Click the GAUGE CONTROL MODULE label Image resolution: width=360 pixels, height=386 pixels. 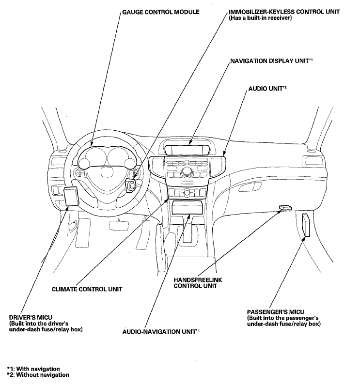pyautogui.click(x=161, y=12)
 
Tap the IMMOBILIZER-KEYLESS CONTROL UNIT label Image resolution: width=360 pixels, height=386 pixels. pyautogui.click(x=284, y=12)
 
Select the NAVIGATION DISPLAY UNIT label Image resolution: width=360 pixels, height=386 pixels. pyautogui.click(x=271, y=61)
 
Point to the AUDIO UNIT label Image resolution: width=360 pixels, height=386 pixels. pyautogui.click(x=267, y=88)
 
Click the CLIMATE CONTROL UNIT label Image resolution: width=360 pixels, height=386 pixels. pyautogui.click(x=87, y=289)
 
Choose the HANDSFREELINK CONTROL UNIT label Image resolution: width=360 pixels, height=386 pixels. pyautogui.click(x=198, y=283)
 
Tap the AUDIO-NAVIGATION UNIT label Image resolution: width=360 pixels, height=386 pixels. pyautogui.click(x=161, y=332)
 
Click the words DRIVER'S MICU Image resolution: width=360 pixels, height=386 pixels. pyautogui.click(x=31, y=318)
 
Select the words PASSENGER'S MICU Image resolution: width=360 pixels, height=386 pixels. pyautogui.click(x=276, y=312)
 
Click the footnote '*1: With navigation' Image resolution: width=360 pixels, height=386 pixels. pyautogui.click(x=33, y=369)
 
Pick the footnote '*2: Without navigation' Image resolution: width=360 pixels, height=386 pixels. pyautogui.click(x=38, y=375)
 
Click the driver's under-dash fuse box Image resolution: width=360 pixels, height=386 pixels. pyautogui.click(x=71, y=196)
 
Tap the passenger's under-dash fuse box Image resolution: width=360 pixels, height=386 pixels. pyautogui.click(x=306, y=225)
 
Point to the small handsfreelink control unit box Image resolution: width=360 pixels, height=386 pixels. pyautogui.click(x=285, y=207)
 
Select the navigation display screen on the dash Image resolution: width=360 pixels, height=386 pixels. pyautogui.click(x=187, y=150)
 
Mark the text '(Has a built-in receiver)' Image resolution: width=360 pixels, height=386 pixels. pyautogui.click(x=260, y=18)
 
